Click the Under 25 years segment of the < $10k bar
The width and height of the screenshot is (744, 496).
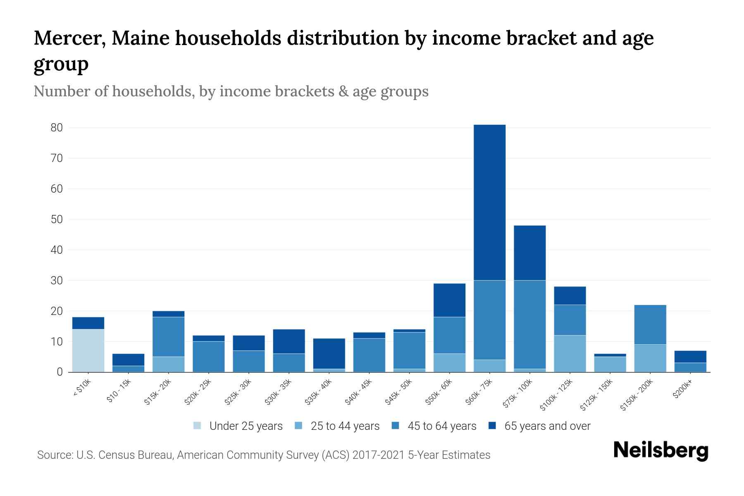pyautogui.click(x=88, y=351)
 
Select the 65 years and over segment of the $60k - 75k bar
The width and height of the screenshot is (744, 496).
pyautogui.click(x=489, y=203)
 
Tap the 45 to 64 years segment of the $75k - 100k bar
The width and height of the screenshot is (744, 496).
pyautogui.click(x=529, y=324)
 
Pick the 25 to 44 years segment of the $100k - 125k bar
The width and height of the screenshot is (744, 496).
pyautogui.click(x=570, y=354)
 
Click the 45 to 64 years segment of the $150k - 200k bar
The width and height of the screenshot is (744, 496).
pyautogui.click(x=650, y=325)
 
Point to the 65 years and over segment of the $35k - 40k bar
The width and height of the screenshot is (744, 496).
pyautogui.click(x=329, y=354)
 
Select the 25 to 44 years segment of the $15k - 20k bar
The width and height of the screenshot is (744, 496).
pyautogui.click(x=169, y=365)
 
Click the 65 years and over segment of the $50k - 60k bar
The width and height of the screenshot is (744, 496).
pyautogui.click(x=449, y=300)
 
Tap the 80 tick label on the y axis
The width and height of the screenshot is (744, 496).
pyautogui.click(x=57, y=128)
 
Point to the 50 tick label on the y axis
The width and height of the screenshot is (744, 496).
pyautogui.click(x=57, y=219)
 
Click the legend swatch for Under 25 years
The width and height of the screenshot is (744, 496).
pyautogui.click(x=197, y=426)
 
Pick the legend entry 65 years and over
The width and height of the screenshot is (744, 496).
pyautogui.click(x=547, y=426)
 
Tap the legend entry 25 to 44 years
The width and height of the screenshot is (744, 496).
pyautogui.click(x=345, y=426)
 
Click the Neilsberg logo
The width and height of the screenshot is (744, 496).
pyautogui.click(x=661, y=451)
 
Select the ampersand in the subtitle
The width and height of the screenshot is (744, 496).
pyautogui.click(x=343, y=91)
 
